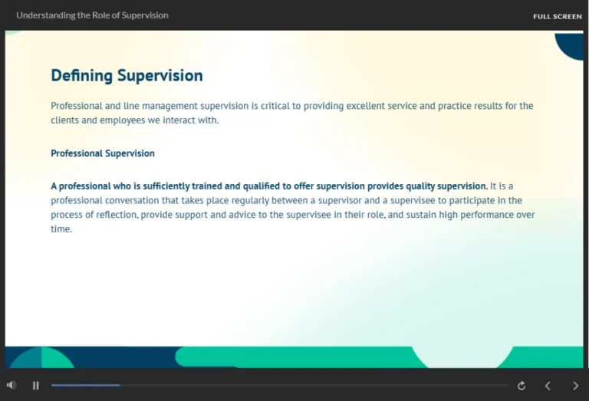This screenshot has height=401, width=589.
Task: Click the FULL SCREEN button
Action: [557, 16]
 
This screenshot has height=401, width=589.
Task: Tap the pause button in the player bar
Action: [36, 386]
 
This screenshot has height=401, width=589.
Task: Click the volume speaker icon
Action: [12, 385]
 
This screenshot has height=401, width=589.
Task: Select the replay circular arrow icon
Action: [522, 386]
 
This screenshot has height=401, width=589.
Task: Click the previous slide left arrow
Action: [548, 386]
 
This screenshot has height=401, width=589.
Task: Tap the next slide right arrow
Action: [576, 386]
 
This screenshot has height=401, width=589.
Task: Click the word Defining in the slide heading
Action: [81, 76]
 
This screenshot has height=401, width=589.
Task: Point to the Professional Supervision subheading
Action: [103, 153]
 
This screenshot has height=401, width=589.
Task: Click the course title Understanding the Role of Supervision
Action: [92, 15]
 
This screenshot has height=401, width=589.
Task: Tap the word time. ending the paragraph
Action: [61, 229]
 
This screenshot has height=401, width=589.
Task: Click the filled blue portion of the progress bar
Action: [85, 385]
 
